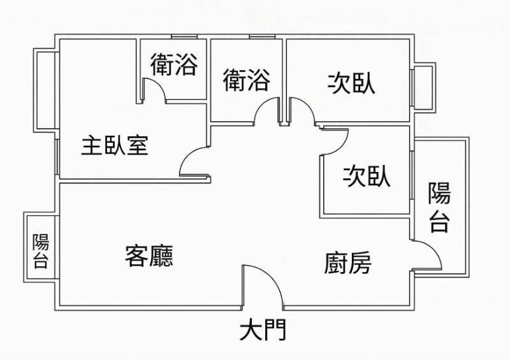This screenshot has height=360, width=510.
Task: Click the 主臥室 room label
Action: click(115, 146)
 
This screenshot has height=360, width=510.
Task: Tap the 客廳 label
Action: click(149, 256)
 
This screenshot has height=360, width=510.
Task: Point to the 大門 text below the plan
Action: click(263, 331)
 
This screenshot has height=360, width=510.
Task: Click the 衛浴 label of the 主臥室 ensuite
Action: click(173, 64)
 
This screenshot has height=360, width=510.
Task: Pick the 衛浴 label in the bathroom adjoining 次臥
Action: click(247, 80)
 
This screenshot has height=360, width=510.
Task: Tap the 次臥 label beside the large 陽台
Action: click(367, 176)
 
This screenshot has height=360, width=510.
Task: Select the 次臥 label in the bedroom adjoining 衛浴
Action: click(351, 83)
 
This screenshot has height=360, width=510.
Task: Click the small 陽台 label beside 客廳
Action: click(41, 250)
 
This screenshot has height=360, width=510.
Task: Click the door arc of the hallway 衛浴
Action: click(266, 111)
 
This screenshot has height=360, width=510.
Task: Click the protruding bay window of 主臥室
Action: click(46, 89)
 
